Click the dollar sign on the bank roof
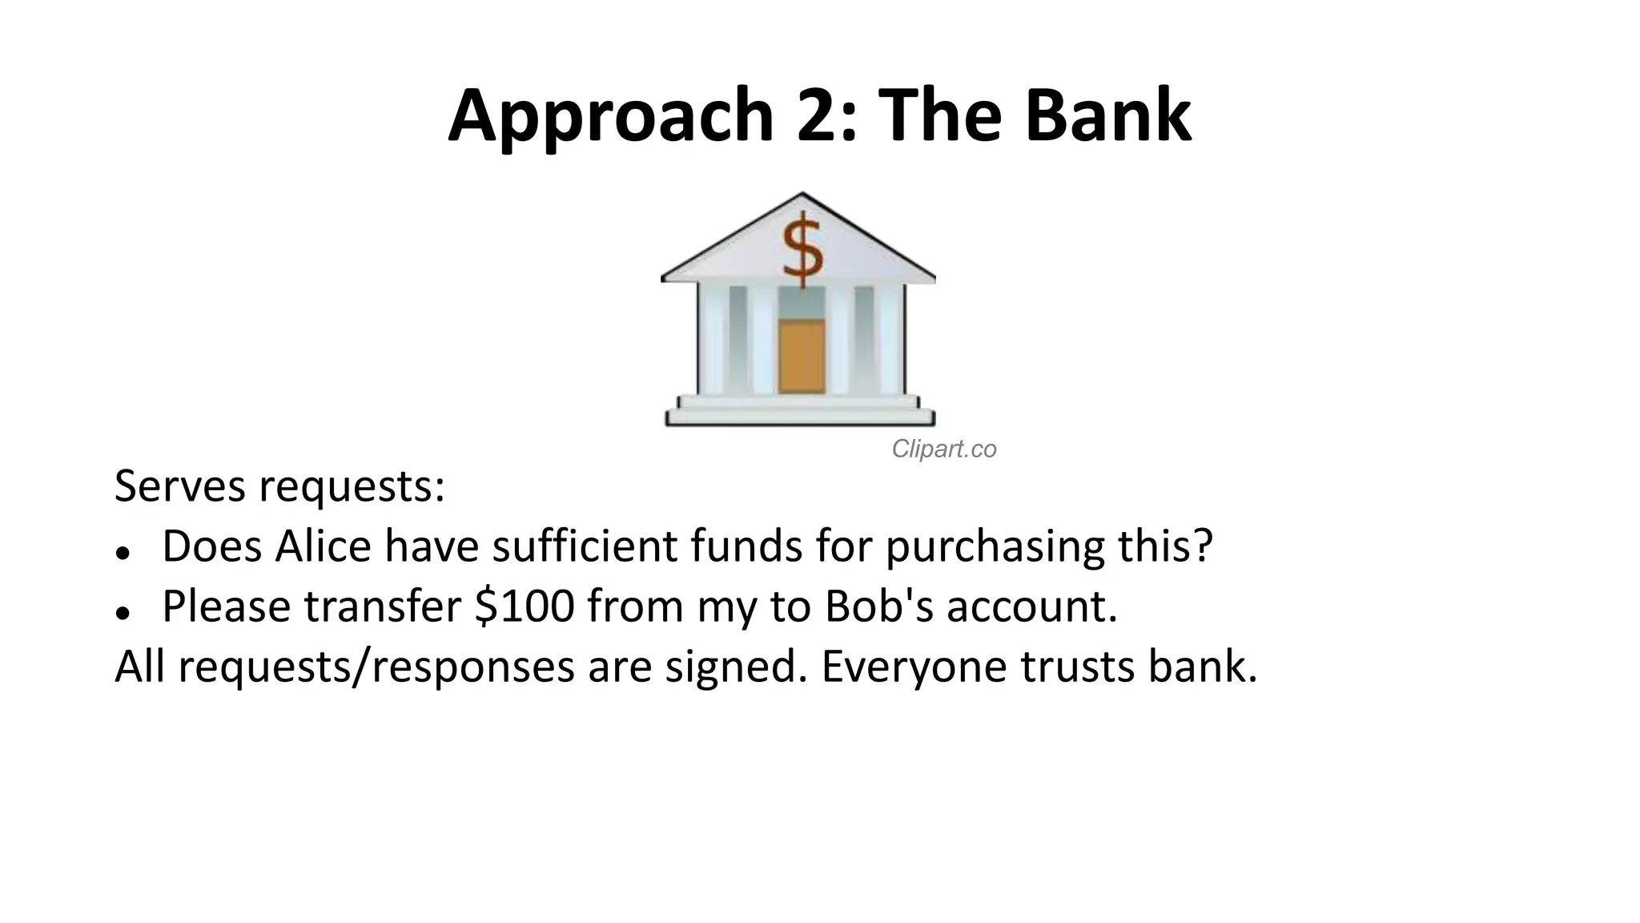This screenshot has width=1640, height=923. (802, 248)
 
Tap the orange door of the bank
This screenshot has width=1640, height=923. (802, 356)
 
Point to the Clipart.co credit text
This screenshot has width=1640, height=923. (944, 449)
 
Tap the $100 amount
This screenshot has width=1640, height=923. (525, 606)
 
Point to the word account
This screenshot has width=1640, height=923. (1032, 607)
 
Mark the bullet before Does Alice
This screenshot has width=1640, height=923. (123, 553)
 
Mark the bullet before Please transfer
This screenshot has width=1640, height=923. (123, 613)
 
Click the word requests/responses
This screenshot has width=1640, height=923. (376, 667)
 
